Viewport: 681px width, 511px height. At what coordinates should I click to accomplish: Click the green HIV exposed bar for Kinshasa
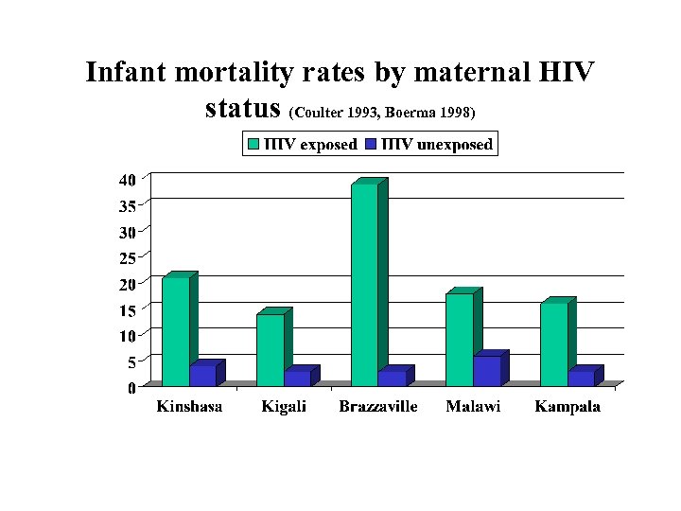[x=175, y=331]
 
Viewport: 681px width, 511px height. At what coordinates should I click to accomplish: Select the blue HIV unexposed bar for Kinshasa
[x=202, y=376]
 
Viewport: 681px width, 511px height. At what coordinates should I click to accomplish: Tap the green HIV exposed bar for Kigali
[x=270, y=350]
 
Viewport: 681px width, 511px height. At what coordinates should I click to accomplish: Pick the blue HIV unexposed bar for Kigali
[x=297, y=379]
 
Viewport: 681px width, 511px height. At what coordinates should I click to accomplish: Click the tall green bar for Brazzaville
[x=364, y=284]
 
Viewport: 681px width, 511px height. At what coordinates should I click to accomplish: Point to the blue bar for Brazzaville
[x=392, y=379]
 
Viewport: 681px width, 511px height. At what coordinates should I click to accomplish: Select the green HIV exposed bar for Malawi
[x=459, y=340]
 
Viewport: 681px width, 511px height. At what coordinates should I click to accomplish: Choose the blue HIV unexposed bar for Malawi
[x=486, y=371]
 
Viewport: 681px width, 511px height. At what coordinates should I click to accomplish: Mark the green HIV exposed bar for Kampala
[x=553, y=344]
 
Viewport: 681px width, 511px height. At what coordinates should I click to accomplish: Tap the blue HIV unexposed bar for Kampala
[x=581, y=379]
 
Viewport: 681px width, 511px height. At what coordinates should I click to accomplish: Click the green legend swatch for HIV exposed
[x=253, y=145]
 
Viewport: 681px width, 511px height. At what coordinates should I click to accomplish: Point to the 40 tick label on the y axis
[x=127, y=179]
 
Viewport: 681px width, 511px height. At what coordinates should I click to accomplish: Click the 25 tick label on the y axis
[x=127, y=256]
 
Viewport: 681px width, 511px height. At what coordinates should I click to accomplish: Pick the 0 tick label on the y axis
[x=131, y=387]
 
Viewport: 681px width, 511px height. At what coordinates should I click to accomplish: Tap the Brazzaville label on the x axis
[x=378, y=407]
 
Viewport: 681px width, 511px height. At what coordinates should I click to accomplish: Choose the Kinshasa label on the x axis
[x=189, y=407]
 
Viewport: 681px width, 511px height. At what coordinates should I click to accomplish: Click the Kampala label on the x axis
[x=567, y=407]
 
